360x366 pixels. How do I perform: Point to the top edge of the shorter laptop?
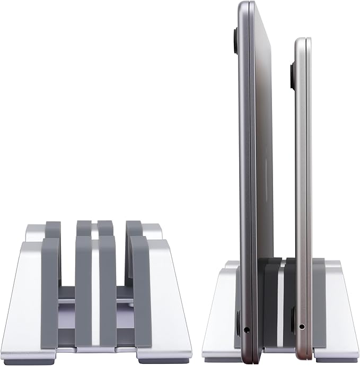click(303, 39)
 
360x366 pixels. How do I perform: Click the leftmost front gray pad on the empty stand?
click(50, 292)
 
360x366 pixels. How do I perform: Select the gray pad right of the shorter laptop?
click(318, 297)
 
